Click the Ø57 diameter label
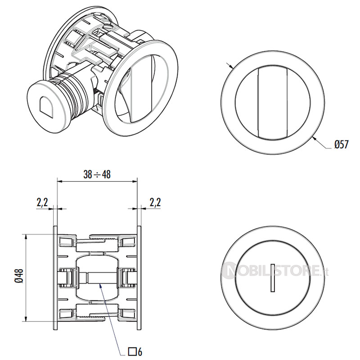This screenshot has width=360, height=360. pyautogui.click(x=342, y=145)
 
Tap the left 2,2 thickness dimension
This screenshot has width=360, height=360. pyautogui.click(x=42, y=202)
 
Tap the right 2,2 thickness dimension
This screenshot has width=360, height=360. pyautogui.click(x=154, y=202)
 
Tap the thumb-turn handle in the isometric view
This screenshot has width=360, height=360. pyautogui.click(x=137, y=88)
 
